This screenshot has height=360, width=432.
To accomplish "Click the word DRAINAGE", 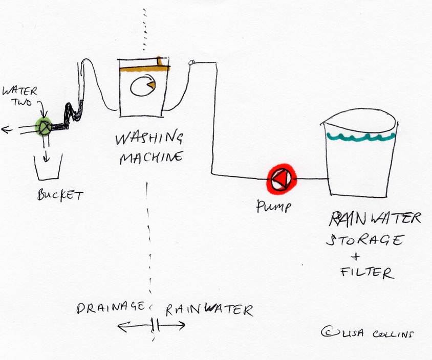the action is pos(112,308).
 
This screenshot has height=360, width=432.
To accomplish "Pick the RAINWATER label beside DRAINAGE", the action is pos(208,310).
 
